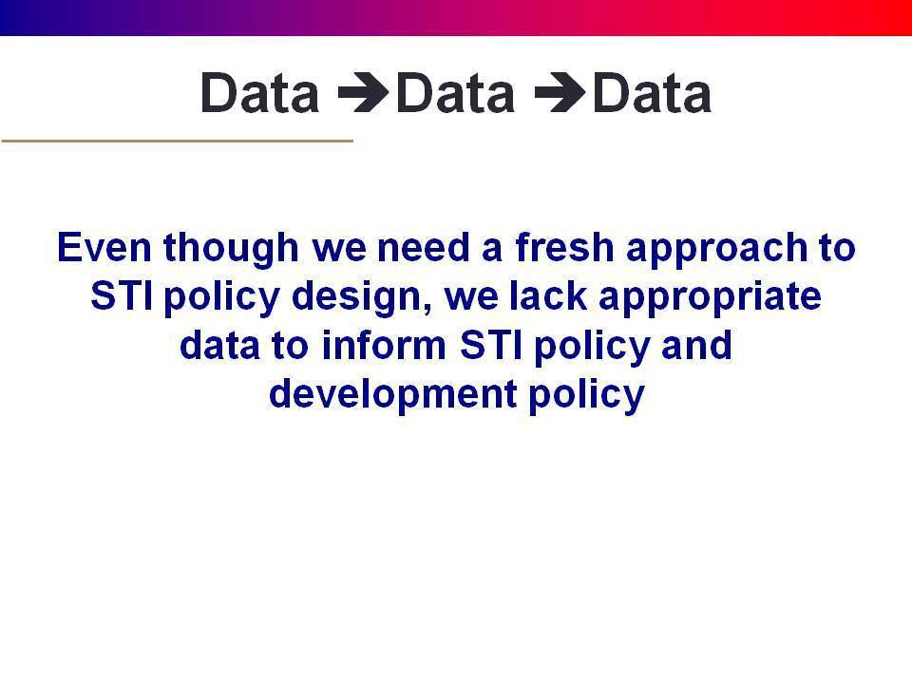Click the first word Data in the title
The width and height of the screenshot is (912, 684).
[260, 92]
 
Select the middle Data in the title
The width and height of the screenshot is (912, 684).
[455, 92]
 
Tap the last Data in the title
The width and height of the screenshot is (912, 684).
[652, 92]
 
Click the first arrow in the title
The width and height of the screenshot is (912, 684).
[364, 92]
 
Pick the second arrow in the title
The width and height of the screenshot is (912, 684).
[560, 92]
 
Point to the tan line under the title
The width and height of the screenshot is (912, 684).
[178, 141]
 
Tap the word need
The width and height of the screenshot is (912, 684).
[423, 248]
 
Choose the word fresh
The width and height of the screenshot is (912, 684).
[564, 247]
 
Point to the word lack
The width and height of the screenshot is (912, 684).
[548, 296]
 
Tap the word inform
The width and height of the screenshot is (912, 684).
[384, 345]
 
